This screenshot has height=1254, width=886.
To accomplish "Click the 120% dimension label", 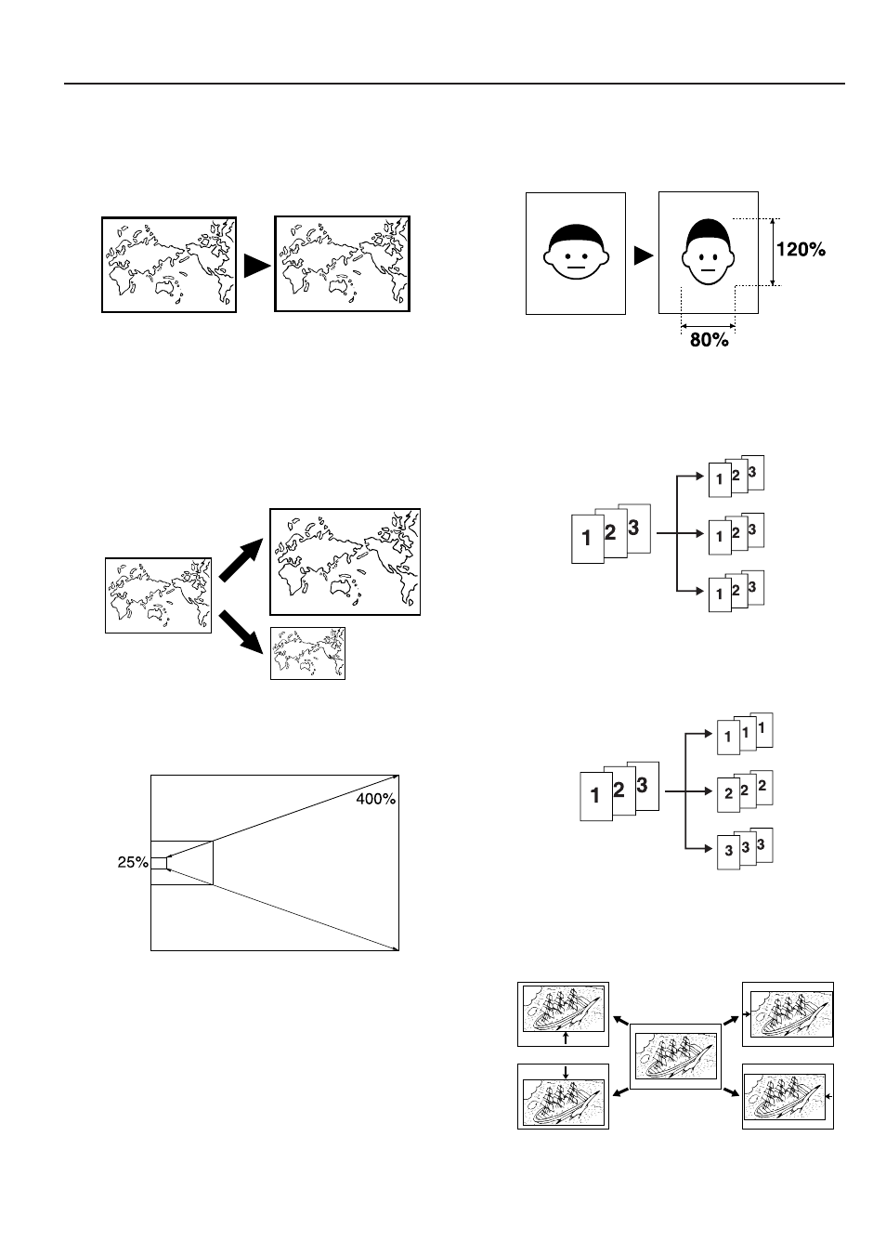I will [x=800, y=249].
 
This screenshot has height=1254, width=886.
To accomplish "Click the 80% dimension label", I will [x=709, y=340].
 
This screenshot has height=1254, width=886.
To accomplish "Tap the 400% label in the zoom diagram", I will [x=376, y=800].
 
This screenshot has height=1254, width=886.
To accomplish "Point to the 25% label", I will [x=133, y=861].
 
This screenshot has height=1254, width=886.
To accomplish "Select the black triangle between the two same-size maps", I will [x=255, y=266].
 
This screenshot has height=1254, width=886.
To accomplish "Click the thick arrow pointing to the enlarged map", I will [x=241, y=564].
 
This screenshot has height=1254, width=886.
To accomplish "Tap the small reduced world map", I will [x=307, y=653].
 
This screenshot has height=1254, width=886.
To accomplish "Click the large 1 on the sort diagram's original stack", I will [x=586, y=538].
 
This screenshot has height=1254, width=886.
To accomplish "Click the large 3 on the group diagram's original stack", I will [x=642, y=785].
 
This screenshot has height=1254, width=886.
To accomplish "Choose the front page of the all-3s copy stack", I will [x=729, y=852].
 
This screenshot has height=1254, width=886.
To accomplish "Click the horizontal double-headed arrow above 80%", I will [x=708, y=325].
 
